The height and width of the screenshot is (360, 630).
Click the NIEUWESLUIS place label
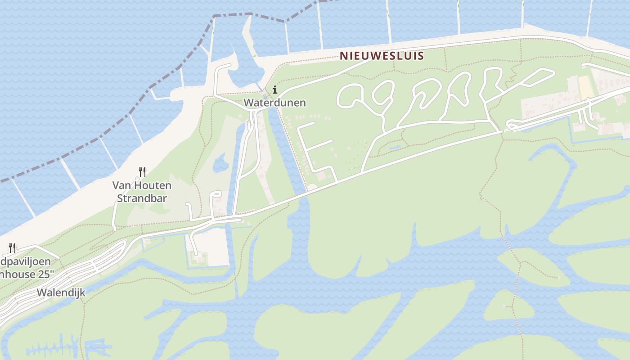pos(382,56)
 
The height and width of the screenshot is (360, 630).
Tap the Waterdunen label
pos(274,103)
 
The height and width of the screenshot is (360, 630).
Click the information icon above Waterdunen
pos(275,90)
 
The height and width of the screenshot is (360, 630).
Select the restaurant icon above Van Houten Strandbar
pos(142,171)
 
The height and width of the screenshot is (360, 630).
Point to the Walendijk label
pos(61,292)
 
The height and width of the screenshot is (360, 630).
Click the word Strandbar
pos(142,198)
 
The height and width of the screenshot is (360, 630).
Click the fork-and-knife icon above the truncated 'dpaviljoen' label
pos(12,247)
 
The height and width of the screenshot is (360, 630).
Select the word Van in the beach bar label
pos(121,185)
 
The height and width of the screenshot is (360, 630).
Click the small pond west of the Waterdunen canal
pos(220,162)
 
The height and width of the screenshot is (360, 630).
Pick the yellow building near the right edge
pos(586,88)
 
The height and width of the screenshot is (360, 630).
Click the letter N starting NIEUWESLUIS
pos(343,56)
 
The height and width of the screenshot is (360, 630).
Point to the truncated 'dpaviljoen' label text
pos(26,261)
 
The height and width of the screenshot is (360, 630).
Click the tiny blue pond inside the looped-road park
pos(395,147)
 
